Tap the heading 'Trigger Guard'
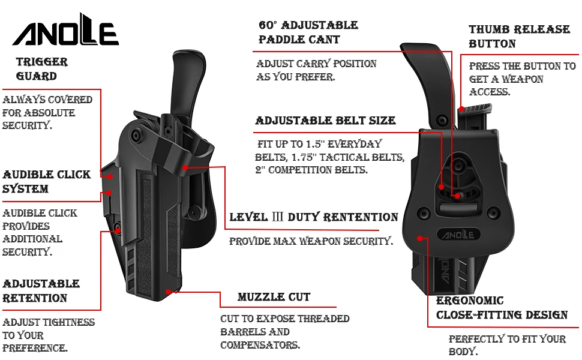pos(42,69)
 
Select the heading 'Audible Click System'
pos(46,181)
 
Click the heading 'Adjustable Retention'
pos(41,291)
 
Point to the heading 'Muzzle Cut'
pos(274,297)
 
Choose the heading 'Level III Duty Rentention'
pos(314,217)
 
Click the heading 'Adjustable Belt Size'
pos(326,121)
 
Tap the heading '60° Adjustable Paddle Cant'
pos(308,32)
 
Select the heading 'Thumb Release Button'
pos(519,37)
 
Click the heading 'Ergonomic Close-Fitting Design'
pos(502,308)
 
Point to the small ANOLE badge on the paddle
pos(458,235)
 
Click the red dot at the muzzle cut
pos(168,292)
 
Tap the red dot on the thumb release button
pos(461,109)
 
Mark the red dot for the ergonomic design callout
pos(420,238)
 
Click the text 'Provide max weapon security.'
pos(311,241)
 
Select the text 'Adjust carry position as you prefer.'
pos(316,70)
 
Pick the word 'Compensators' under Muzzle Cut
pos(260,345)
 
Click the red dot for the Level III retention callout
pos(185,167)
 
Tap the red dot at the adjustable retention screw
pos(118,230)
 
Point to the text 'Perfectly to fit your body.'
pos(507,345)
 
